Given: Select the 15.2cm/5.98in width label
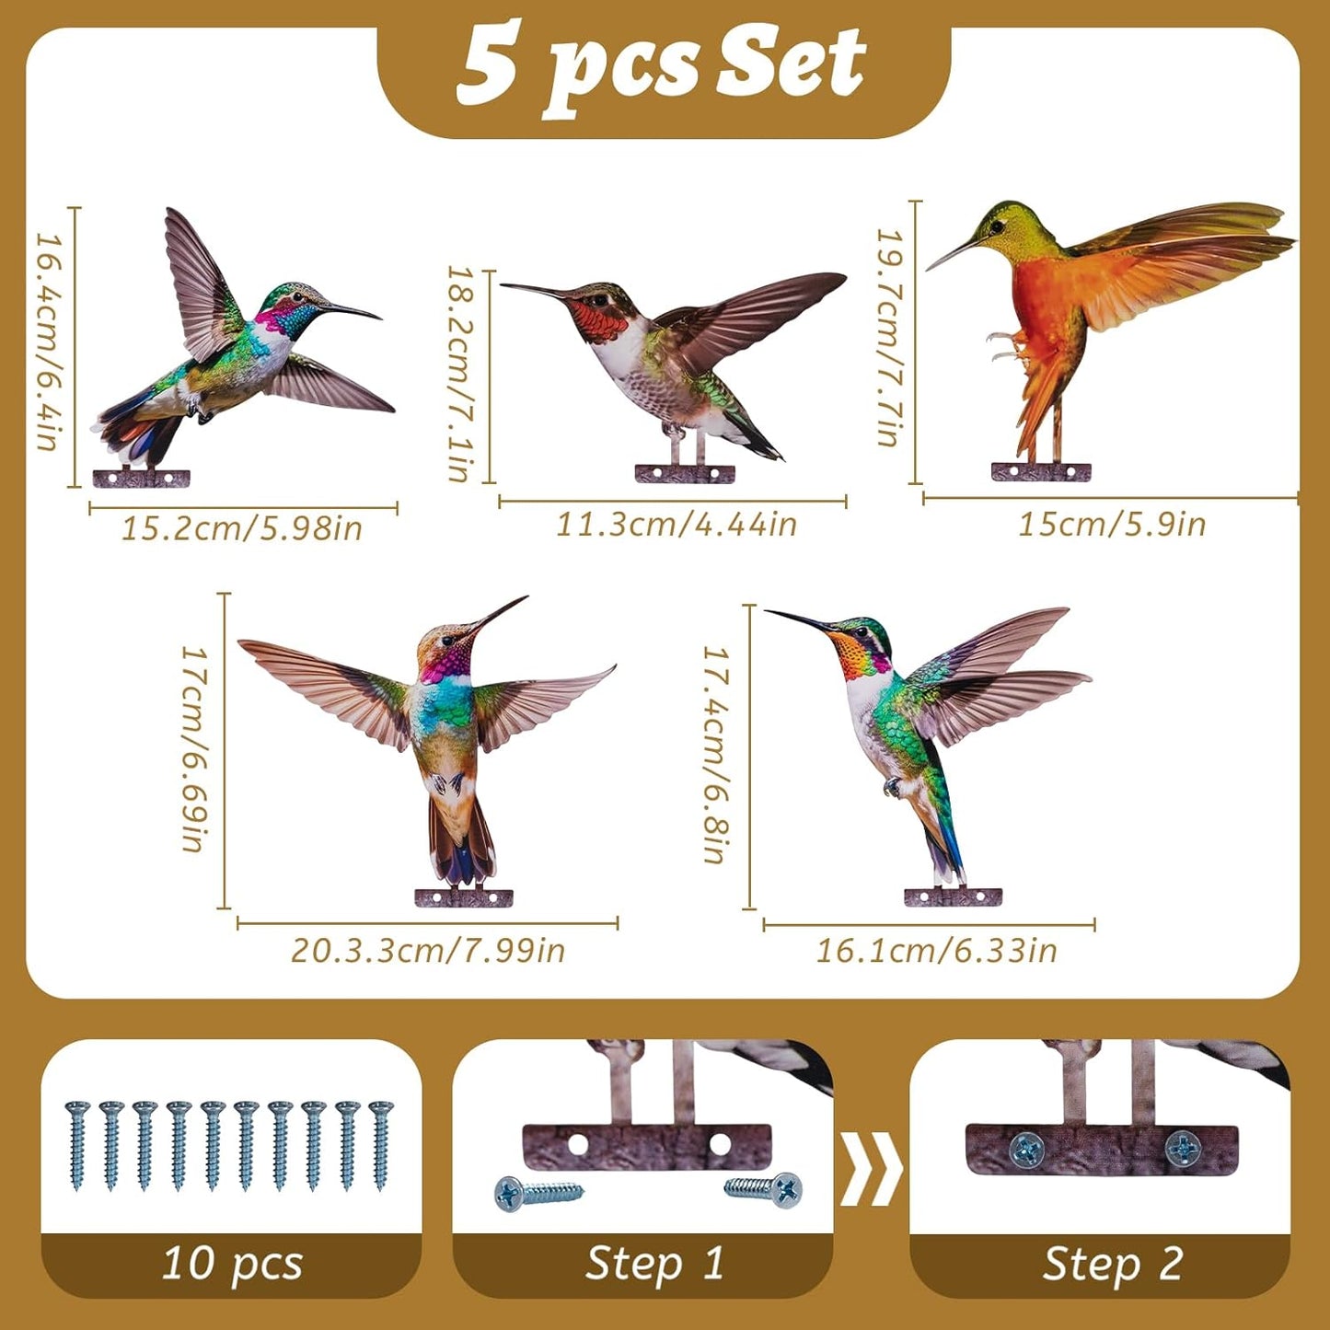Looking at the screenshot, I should (242, 528).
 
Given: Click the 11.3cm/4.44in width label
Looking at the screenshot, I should (676, 524).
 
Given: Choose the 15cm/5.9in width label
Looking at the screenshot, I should (1111, 524).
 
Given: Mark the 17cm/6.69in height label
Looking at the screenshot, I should (194, 748).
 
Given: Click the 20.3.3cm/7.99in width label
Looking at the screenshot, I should (428, 950).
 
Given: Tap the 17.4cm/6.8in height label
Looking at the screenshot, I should (717, 754).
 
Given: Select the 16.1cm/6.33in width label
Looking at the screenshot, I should (936, 950).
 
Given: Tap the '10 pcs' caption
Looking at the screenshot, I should (232, 1263).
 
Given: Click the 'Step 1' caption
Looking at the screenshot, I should (654, 1263).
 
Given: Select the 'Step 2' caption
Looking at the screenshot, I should (1112, 1264).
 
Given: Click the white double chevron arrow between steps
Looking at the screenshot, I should (871, 1168).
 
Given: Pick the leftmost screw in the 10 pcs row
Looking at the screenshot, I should (76, 1145).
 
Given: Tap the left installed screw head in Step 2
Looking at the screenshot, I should (1027, 1147).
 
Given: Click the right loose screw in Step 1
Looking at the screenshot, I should (763, 1188).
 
